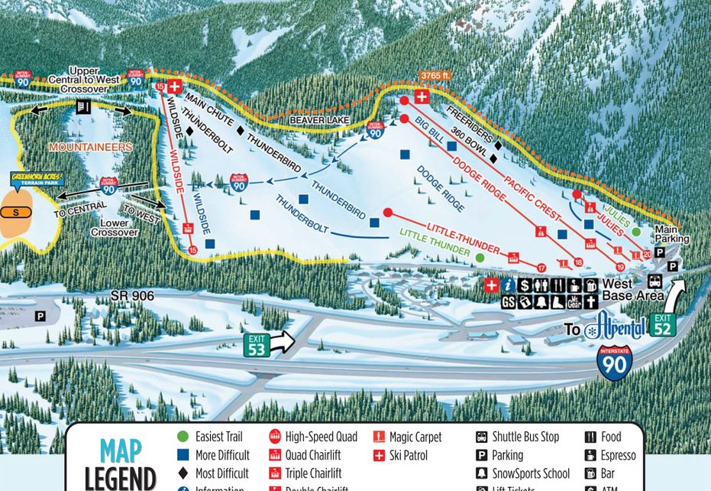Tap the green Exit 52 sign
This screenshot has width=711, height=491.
(663, 325)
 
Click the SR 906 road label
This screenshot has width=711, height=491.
(131, 295)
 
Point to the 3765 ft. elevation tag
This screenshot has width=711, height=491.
(435, 76)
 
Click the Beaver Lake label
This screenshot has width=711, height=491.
(318, 121)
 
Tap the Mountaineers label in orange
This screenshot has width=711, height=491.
(91, 147)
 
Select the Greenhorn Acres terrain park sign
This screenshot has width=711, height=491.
(36, 180)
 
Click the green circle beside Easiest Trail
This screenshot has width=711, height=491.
(183, 437)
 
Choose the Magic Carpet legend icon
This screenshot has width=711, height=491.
(378, 437)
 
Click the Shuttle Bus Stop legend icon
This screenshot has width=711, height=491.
(481, 437)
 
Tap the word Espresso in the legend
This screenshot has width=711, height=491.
(618, 455)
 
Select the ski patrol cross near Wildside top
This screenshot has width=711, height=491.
(175, 86)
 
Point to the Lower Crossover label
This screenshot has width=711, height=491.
(115, 227)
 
